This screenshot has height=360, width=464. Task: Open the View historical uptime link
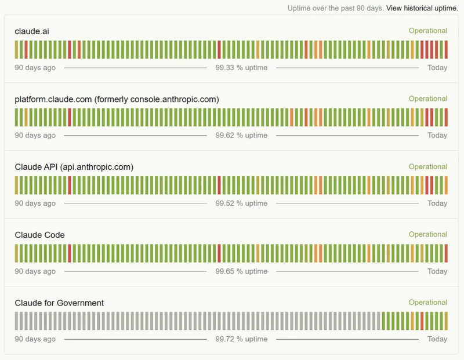pyautogui.click(x=422, y=8)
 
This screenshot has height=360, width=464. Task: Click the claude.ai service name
pyautogui.click(x=32, y=31)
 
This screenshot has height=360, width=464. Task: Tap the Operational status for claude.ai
pyautogui.click(x=427, y=31)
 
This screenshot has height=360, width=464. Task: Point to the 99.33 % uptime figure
pyautogui.click(x=241, y=68)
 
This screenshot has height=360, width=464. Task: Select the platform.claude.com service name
pyautogui.click(x=117, y=99)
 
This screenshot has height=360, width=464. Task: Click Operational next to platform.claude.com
pyautogui.click(x=427, y=99)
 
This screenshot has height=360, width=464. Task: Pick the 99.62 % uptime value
pyautogui.click(x=241, y=136)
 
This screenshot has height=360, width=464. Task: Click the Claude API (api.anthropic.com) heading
pyautogui.click(x=74, y=167)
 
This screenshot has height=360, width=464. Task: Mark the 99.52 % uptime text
pyautogui.click(x=241, y=203)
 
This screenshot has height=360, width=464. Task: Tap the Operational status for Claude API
pyautogui.click(x=427, y=166)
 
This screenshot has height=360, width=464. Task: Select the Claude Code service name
pyautogui.click(x=39, y=235)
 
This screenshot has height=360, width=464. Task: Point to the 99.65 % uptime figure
pyautogui.click(x=241, y=271)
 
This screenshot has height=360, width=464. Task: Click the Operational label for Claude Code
pyautogui.click(x=427, y=234)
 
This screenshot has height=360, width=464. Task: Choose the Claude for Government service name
pyautogui.click(x=59, y=303)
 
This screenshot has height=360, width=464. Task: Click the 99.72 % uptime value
pyautogui.click(x=241, y=339)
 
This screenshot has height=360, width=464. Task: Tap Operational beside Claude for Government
pyautogui.click(x=427, y=302)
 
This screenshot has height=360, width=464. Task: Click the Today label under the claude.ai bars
pyautogui.click(x=437, y=68)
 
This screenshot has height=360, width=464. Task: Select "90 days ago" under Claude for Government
pyautogui.click(x=35, y=339)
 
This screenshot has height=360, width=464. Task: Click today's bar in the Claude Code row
pyautogui.click(x=446, y=253)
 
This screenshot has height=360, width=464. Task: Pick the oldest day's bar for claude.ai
pyautogui.click(x=17, y=50)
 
